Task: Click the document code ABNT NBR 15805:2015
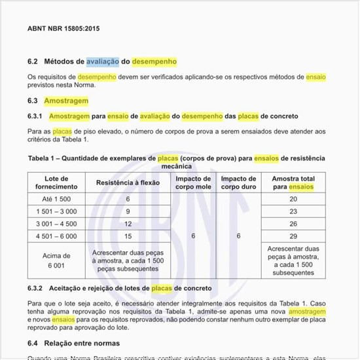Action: [x=63, y=29]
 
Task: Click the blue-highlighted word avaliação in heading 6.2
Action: [x=102, y=62]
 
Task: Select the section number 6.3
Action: [x=33, y=101]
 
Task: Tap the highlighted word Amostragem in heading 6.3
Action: [x=65, y=101]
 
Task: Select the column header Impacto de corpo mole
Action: [x=193, y=183]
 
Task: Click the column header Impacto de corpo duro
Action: [x=238, y=183]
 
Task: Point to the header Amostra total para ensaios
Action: [x=293, y=183]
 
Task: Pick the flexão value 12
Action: [x=128, y=223]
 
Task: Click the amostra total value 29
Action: [x=293, y=236]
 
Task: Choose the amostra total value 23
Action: [x=293, y=211]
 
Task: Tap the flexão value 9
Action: [x=128, y=211]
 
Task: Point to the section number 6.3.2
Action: [x=35, y=288]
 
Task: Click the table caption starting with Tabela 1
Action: [x=176, y=162]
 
